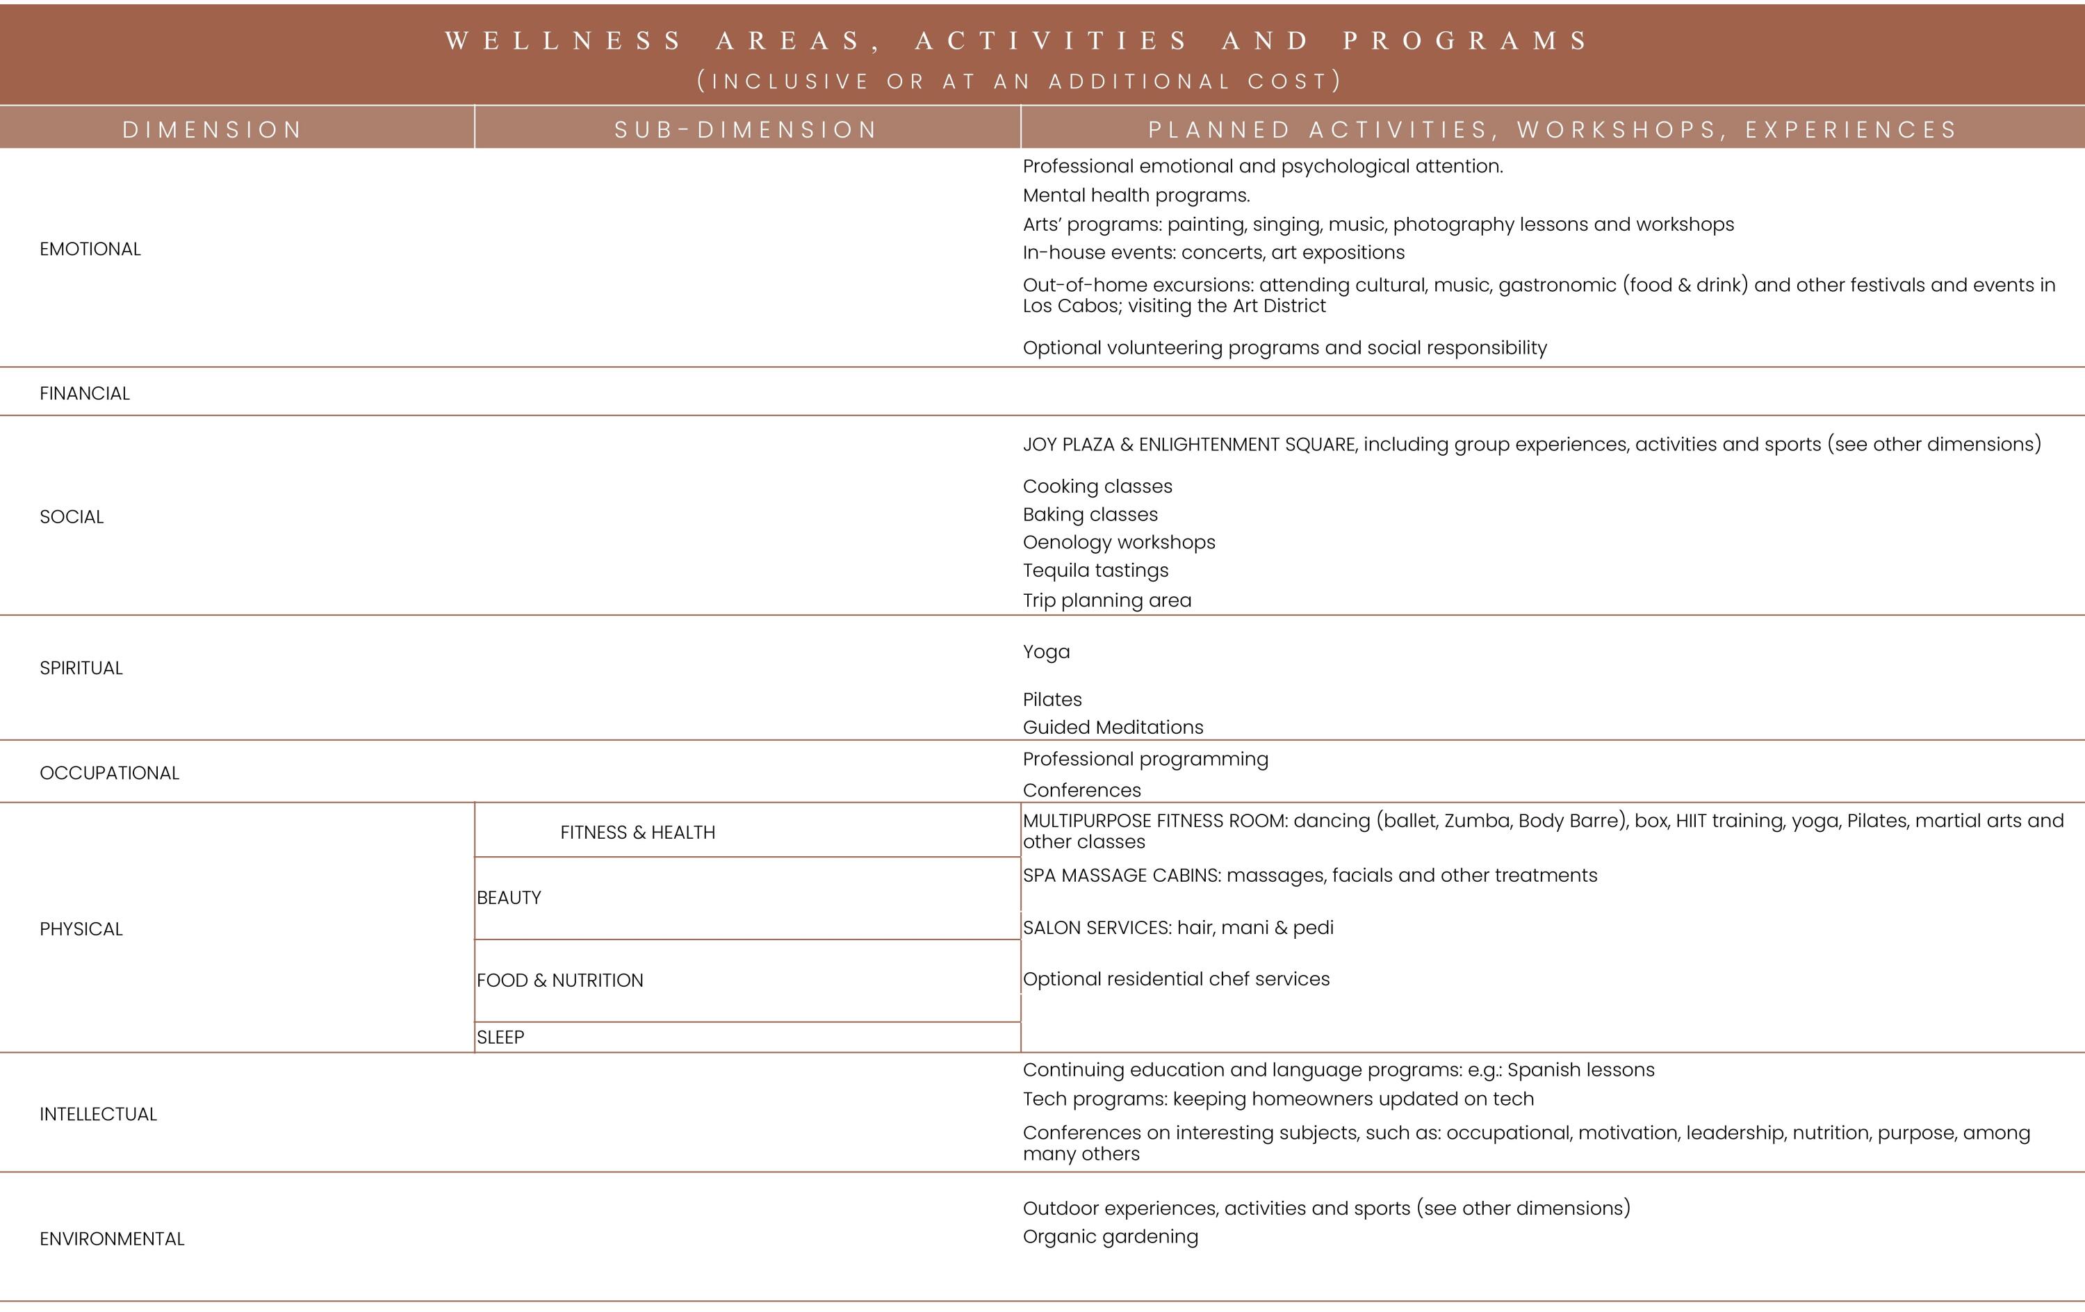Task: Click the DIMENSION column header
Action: pos(212,130)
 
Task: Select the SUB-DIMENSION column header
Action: pos(746,130)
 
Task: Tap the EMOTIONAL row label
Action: pos(90,249)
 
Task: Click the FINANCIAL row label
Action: pos(85,393)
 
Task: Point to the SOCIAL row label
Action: pos(72,517)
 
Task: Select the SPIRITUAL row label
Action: pos(81,669)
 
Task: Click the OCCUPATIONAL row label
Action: pos(109,773)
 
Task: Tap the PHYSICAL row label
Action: pos(81,929)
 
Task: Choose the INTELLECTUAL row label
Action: pos(98,1115)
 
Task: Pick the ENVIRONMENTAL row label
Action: pos(112,1239)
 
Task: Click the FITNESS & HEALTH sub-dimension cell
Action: pos(638,833)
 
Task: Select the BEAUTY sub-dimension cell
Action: pos(509,898)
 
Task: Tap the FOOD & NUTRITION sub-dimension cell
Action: pos(560,981)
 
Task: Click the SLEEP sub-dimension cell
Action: pos(500,1038)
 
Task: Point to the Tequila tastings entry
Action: pos(1095,571)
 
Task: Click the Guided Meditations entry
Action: pos(1113,728)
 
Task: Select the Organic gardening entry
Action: pos(1110,1237)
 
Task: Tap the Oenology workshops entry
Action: pos(1119,542)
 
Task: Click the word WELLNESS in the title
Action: pos(564,41)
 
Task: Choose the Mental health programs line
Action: pos(1136,196)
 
